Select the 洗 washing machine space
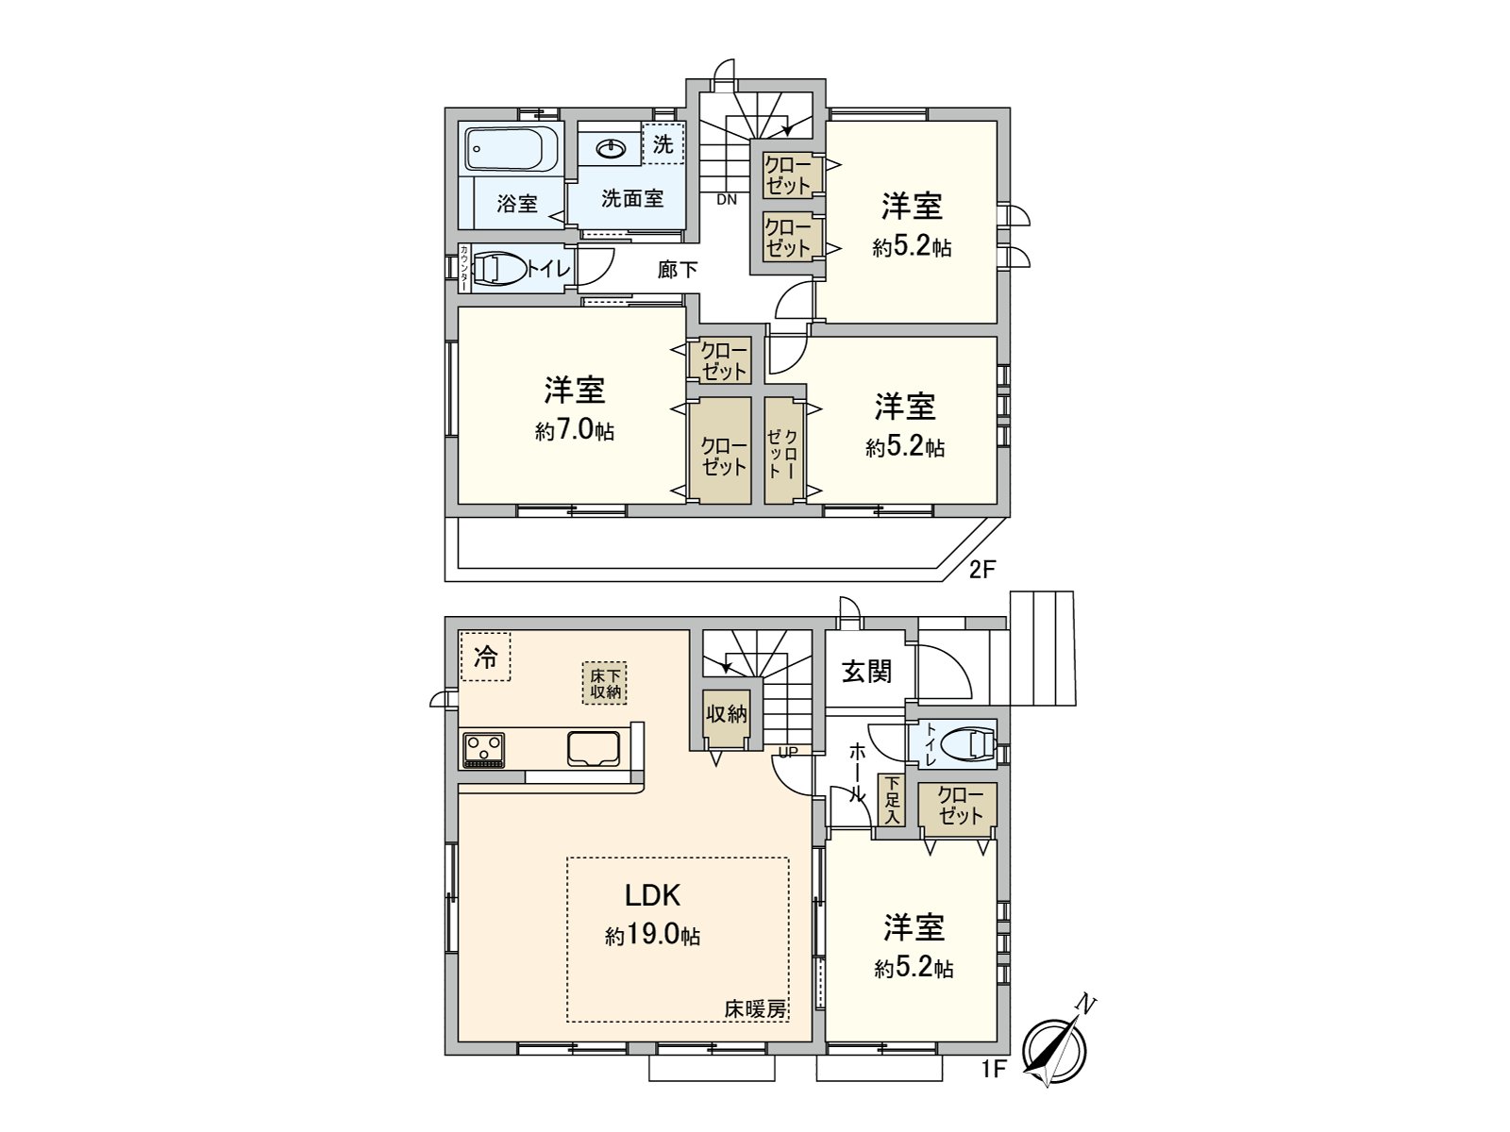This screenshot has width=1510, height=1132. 663,144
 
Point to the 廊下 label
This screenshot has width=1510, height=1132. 678,270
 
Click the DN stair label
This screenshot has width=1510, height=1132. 727,199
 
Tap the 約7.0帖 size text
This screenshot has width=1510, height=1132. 575,431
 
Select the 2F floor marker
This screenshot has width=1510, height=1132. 982,569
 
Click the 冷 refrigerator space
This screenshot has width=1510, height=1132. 485,657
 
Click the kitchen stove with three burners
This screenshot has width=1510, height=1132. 483,750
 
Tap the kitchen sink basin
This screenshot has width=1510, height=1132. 593,749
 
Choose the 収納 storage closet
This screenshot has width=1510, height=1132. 727,715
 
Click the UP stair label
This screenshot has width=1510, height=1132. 788,752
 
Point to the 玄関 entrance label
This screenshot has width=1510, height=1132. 866,672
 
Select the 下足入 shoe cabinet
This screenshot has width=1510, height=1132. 891,801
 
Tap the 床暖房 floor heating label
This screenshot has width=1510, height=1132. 755,1008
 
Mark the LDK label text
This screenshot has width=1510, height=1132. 652,894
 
